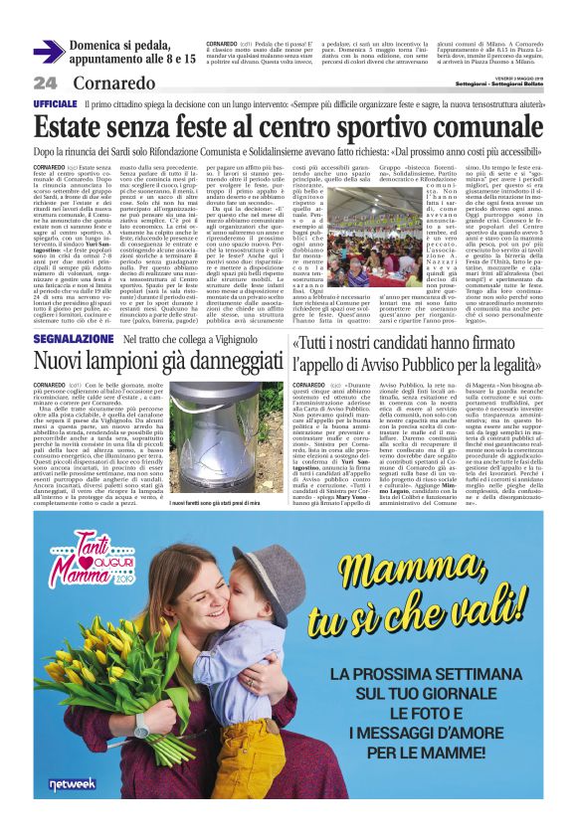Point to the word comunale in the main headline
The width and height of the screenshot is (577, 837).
click(479, 126)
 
